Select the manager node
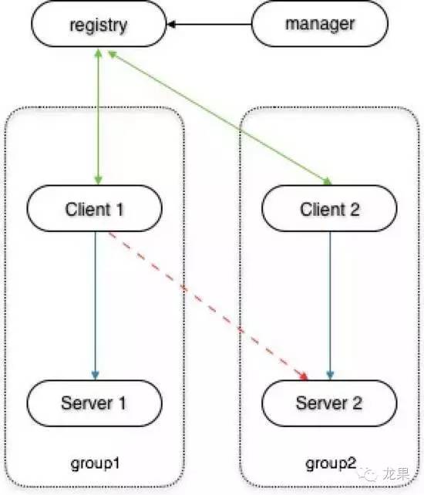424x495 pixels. (320, 24)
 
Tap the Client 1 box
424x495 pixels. (94, 208)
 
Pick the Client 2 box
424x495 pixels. (330, 208)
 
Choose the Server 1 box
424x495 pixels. (94, 402)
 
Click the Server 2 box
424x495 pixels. (330, 402)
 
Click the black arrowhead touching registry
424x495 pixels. (172, 25)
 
